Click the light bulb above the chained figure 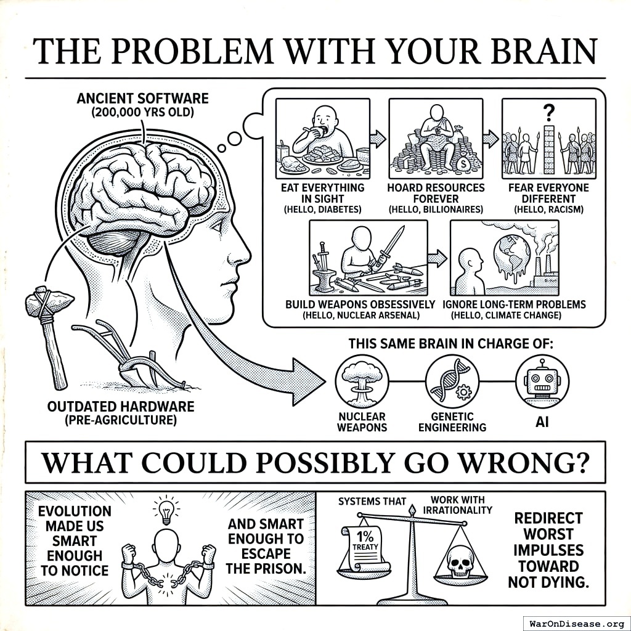tap(165, 510)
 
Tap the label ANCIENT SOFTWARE tap(142, 99)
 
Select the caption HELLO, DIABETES tap(322, 210)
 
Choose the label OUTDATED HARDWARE tap(121, 407)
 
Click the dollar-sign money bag tap(463, 165)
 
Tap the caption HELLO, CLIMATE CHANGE tap(506, 315)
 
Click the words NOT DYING tap(548, 582)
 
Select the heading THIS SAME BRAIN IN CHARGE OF tap(450, 344)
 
